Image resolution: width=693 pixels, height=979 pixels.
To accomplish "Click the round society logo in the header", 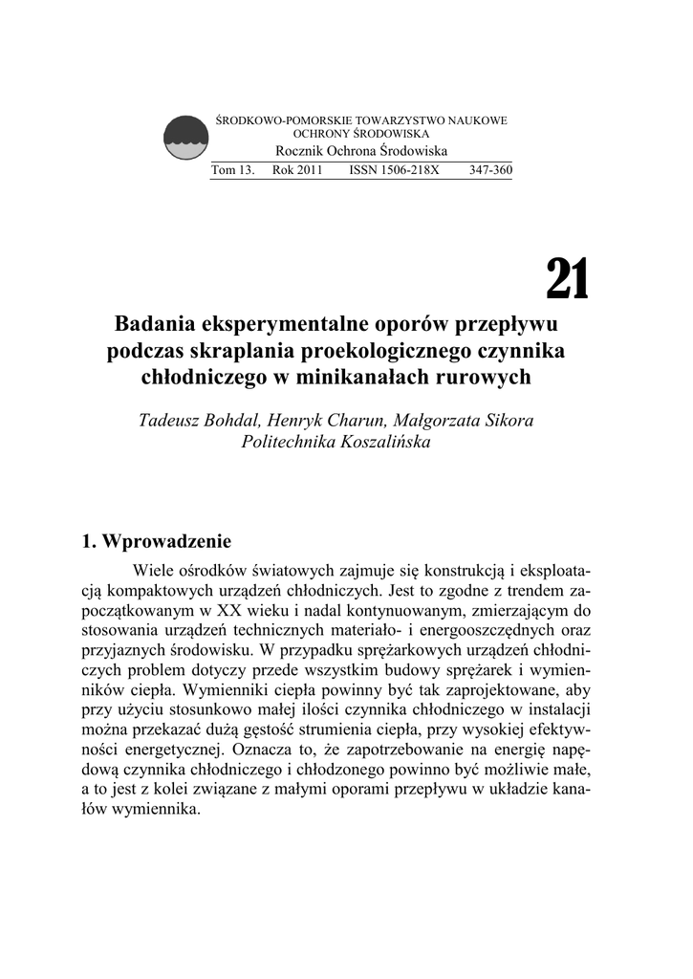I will point(185,139).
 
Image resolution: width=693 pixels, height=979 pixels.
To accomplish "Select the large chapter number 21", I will point(568,278).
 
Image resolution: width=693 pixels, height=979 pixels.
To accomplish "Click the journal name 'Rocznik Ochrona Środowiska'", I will point(361,152).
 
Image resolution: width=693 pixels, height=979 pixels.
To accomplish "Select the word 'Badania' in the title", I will point(157,322).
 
